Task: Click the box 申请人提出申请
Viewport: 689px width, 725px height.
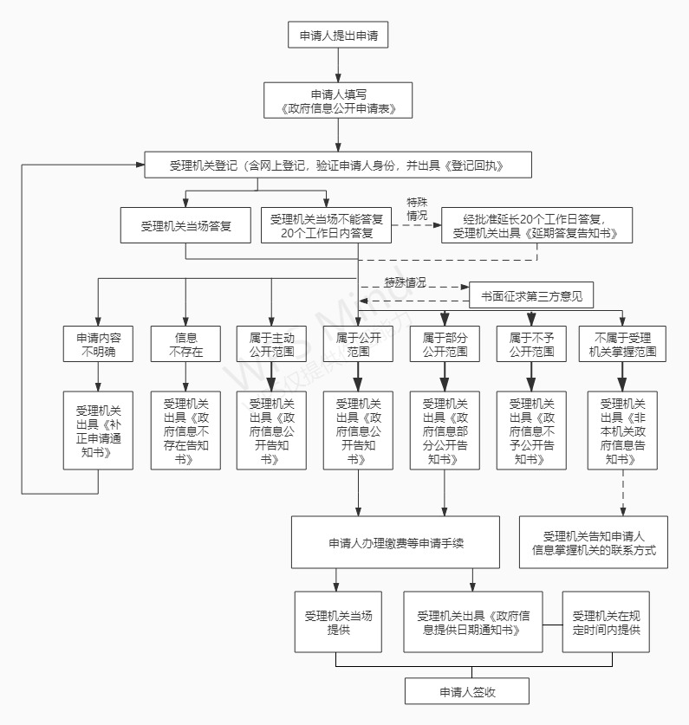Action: coord(337,36)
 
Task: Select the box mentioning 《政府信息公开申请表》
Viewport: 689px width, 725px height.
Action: coord(337,100)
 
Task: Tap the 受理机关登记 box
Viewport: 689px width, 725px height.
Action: coord(337,165)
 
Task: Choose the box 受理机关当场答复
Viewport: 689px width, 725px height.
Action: coord(185,225)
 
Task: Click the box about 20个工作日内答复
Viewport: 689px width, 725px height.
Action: coord(326,225)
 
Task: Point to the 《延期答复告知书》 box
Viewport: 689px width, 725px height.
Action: coord(536,225)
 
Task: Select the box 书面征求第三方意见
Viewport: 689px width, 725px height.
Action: coord(531,295)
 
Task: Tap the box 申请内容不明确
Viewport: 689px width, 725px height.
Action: coord(98,344)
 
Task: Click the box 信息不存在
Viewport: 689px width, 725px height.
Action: coord(185,344)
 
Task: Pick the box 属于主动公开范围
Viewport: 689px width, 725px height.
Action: coord(271,344)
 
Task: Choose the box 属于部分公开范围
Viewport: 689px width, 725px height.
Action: coord(445,344)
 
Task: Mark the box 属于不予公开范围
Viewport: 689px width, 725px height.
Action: coord(531,344)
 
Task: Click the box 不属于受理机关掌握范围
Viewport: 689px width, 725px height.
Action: coord(623,344)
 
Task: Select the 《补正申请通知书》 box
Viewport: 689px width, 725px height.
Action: coord(98,430)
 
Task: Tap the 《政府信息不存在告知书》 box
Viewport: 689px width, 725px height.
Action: coord(185,430)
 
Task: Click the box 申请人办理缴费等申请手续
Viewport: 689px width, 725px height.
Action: coord(395,543)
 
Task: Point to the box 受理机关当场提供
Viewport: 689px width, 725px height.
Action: coord(337,621)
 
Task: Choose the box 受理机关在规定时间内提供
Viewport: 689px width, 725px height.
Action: coord(606,621)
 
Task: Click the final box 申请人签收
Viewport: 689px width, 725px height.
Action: coord(467,690)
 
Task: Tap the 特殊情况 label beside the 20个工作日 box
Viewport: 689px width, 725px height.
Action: coord(417,209)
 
